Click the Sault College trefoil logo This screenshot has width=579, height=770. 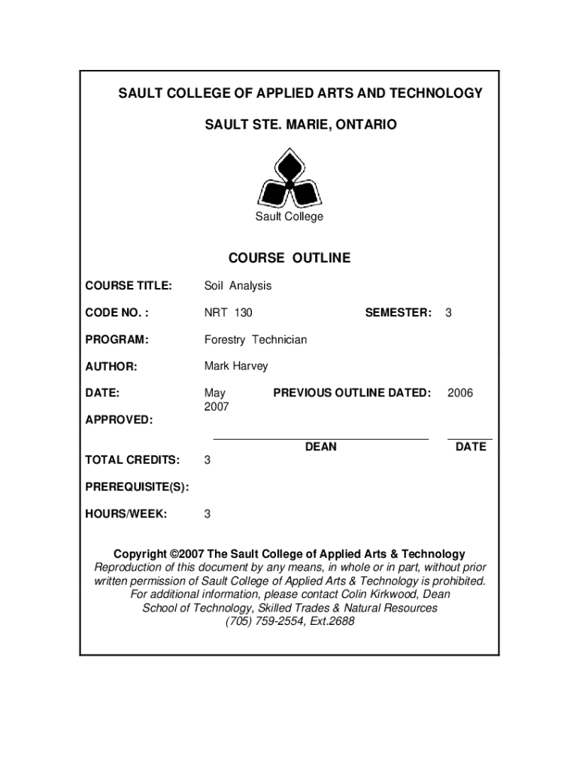point(289,178)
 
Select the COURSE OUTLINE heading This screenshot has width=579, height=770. point(289,258)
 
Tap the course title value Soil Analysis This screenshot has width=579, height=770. point(238,286)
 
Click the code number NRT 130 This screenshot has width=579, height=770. point(228,312)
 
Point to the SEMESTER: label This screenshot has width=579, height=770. point(398,312)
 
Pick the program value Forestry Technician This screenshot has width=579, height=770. point(256,340)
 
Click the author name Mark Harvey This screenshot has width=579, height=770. point(236,366)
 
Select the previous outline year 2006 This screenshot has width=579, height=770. point(460,393)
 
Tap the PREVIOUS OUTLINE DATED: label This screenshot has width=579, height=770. point(352,393)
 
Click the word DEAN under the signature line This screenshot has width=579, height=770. point(321,447)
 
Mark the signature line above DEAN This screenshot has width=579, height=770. point(321,437)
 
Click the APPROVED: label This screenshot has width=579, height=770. point(119,420)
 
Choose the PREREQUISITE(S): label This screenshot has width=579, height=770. point(136,487)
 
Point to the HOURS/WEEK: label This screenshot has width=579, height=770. point(126,514)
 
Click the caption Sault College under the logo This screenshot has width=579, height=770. point(289,217)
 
